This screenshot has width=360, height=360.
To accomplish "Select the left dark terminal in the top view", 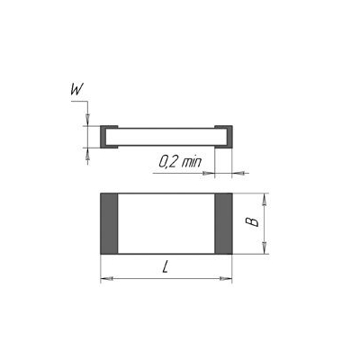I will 108,223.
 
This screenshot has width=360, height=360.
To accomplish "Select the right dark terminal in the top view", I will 222,223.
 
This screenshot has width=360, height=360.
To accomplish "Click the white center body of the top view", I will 165,223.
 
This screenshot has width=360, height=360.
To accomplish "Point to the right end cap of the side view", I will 228,136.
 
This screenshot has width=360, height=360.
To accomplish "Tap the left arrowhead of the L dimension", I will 103,279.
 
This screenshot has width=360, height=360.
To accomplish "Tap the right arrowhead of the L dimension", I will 228,279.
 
